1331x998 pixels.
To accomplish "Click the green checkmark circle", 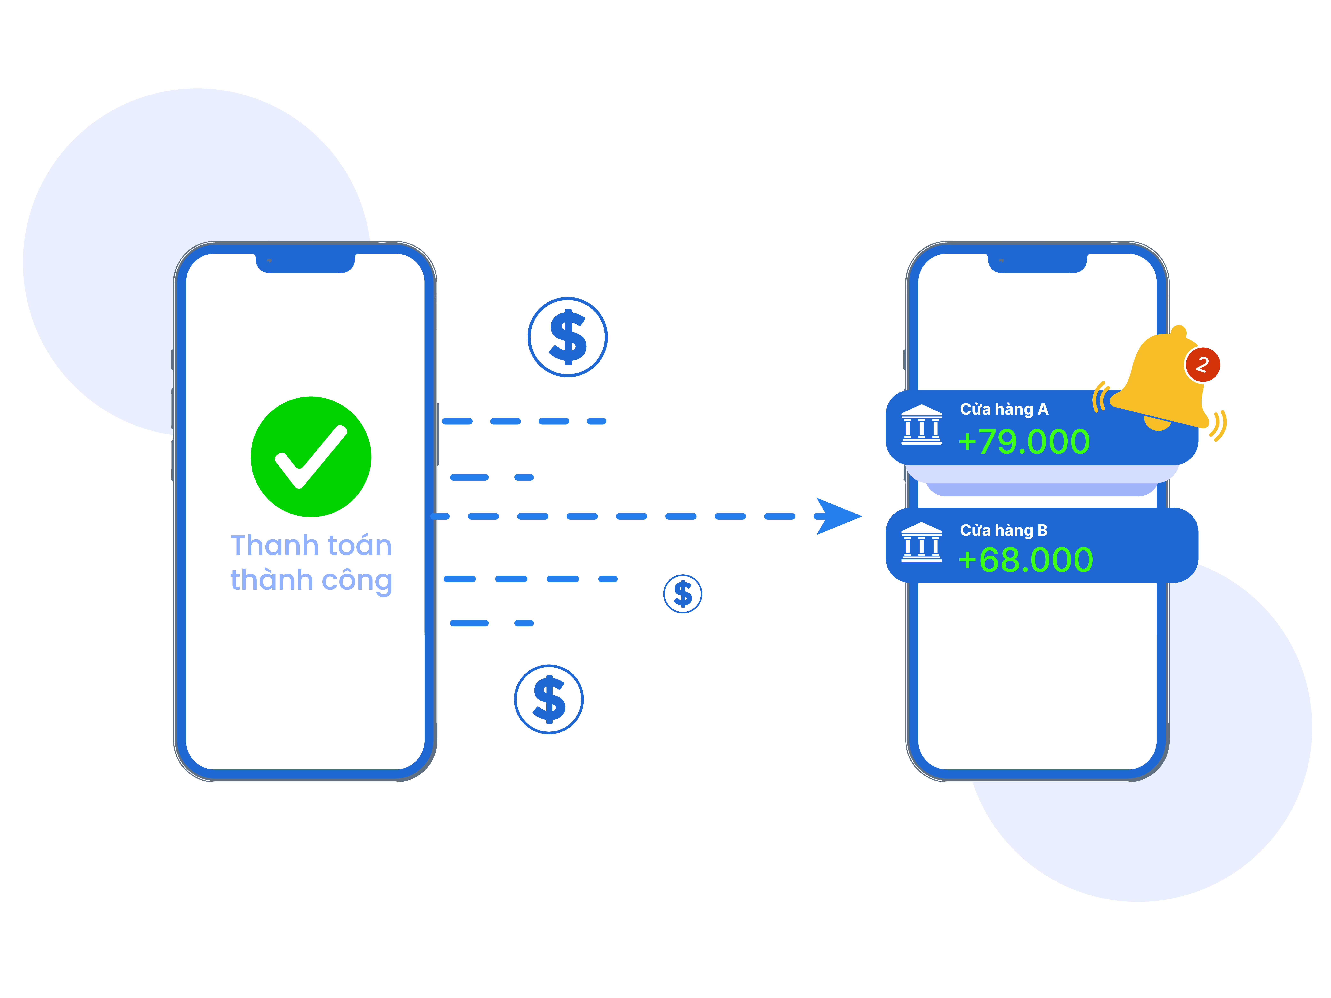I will point(310,457).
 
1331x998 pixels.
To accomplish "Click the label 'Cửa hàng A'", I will point(1004,410).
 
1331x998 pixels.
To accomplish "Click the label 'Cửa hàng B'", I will point(1003,531).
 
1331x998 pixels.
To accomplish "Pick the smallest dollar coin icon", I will point(682,594).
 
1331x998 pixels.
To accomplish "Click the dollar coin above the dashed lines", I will point(567,337).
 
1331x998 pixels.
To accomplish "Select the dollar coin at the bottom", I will point(549,699).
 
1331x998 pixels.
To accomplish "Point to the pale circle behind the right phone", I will point(1234,782).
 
